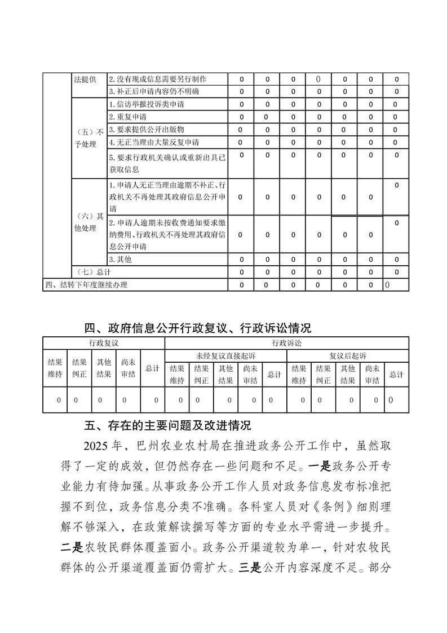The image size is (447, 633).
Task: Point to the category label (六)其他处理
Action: pyautogui.click(x=89, y=222)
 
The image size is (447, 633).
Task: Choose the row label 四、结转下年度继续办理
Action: pyautogui.click(x=86, y=285)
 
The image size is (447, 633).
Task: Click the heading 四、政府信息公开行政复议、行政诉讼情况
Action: pyautogui.click(x=198, y=328)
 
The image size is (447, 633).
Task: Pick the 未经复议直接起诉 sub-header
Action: pyautogui.click(x=225, y=356)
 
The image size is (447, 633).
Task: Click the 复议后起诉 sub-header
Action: pyautogui.click(x=348, y=356)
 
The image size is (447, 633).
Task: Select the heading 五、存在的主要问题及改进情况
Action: pyautogui.click(x=167, y=425)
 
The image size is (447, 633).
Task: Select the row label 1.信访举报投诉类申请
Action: pyautogui.click(x=146, y=104)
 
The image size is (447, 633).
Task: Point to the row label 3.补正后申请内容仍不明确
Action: pyautogui.click(x=154, y=91)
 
